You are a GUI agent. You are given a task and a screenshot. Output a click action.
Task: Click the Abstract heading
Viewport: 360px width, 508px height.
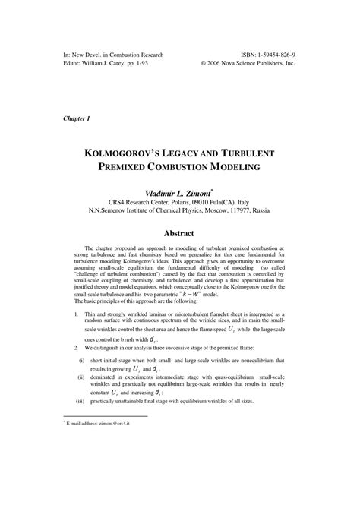coord(179,234)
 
